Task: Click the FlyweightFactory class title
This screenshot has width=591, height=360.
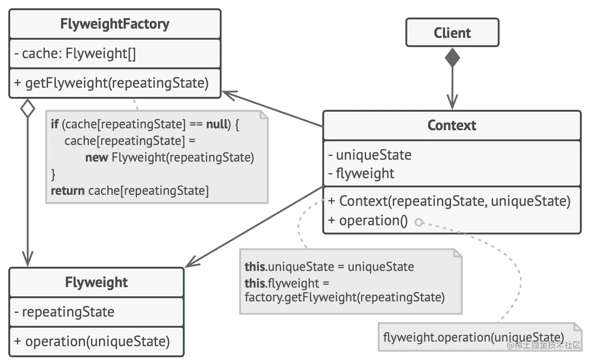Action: [115, 24]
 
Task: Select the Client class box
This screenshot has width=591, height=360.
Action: [452, 33]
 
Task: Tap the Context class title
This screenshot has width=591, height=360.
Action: [452, 125]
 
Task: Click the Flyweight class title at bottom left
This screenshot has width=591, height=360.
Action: [96, 282]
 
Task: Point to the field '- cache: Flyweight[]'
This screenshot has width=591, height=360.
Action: [75, 54]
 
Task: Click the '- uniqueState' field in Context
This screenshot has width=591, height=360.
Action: [369, 155]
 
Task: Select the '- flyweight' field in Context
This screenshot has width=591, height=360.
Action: [361, 174]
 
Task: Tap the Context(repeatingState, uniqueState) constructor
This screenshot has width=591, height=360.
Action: [449, 201]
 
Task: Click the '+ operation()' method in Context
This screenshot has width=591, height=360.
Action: [368, 221]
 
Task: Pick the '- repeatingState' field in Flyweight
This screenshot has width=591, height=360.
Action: [64, 312]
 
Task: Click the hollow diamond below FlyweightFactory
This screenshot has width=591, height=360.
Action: [29, 110]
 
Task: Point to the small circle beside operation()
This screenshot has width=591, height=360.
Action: [419, 222]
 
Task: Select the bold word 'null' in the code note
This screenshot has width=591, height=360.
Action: [217, 125]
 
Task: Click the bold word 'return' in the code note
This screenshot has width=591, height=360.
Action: [67, 191]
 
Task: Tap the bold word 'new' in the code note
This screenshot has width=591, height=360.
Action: [96, 157]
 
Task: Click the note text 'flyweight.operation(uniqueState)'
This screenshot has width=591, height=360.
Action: [473, 337]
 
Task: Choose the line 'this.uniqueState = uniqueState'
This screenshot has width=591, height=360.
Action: [329, 267]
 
